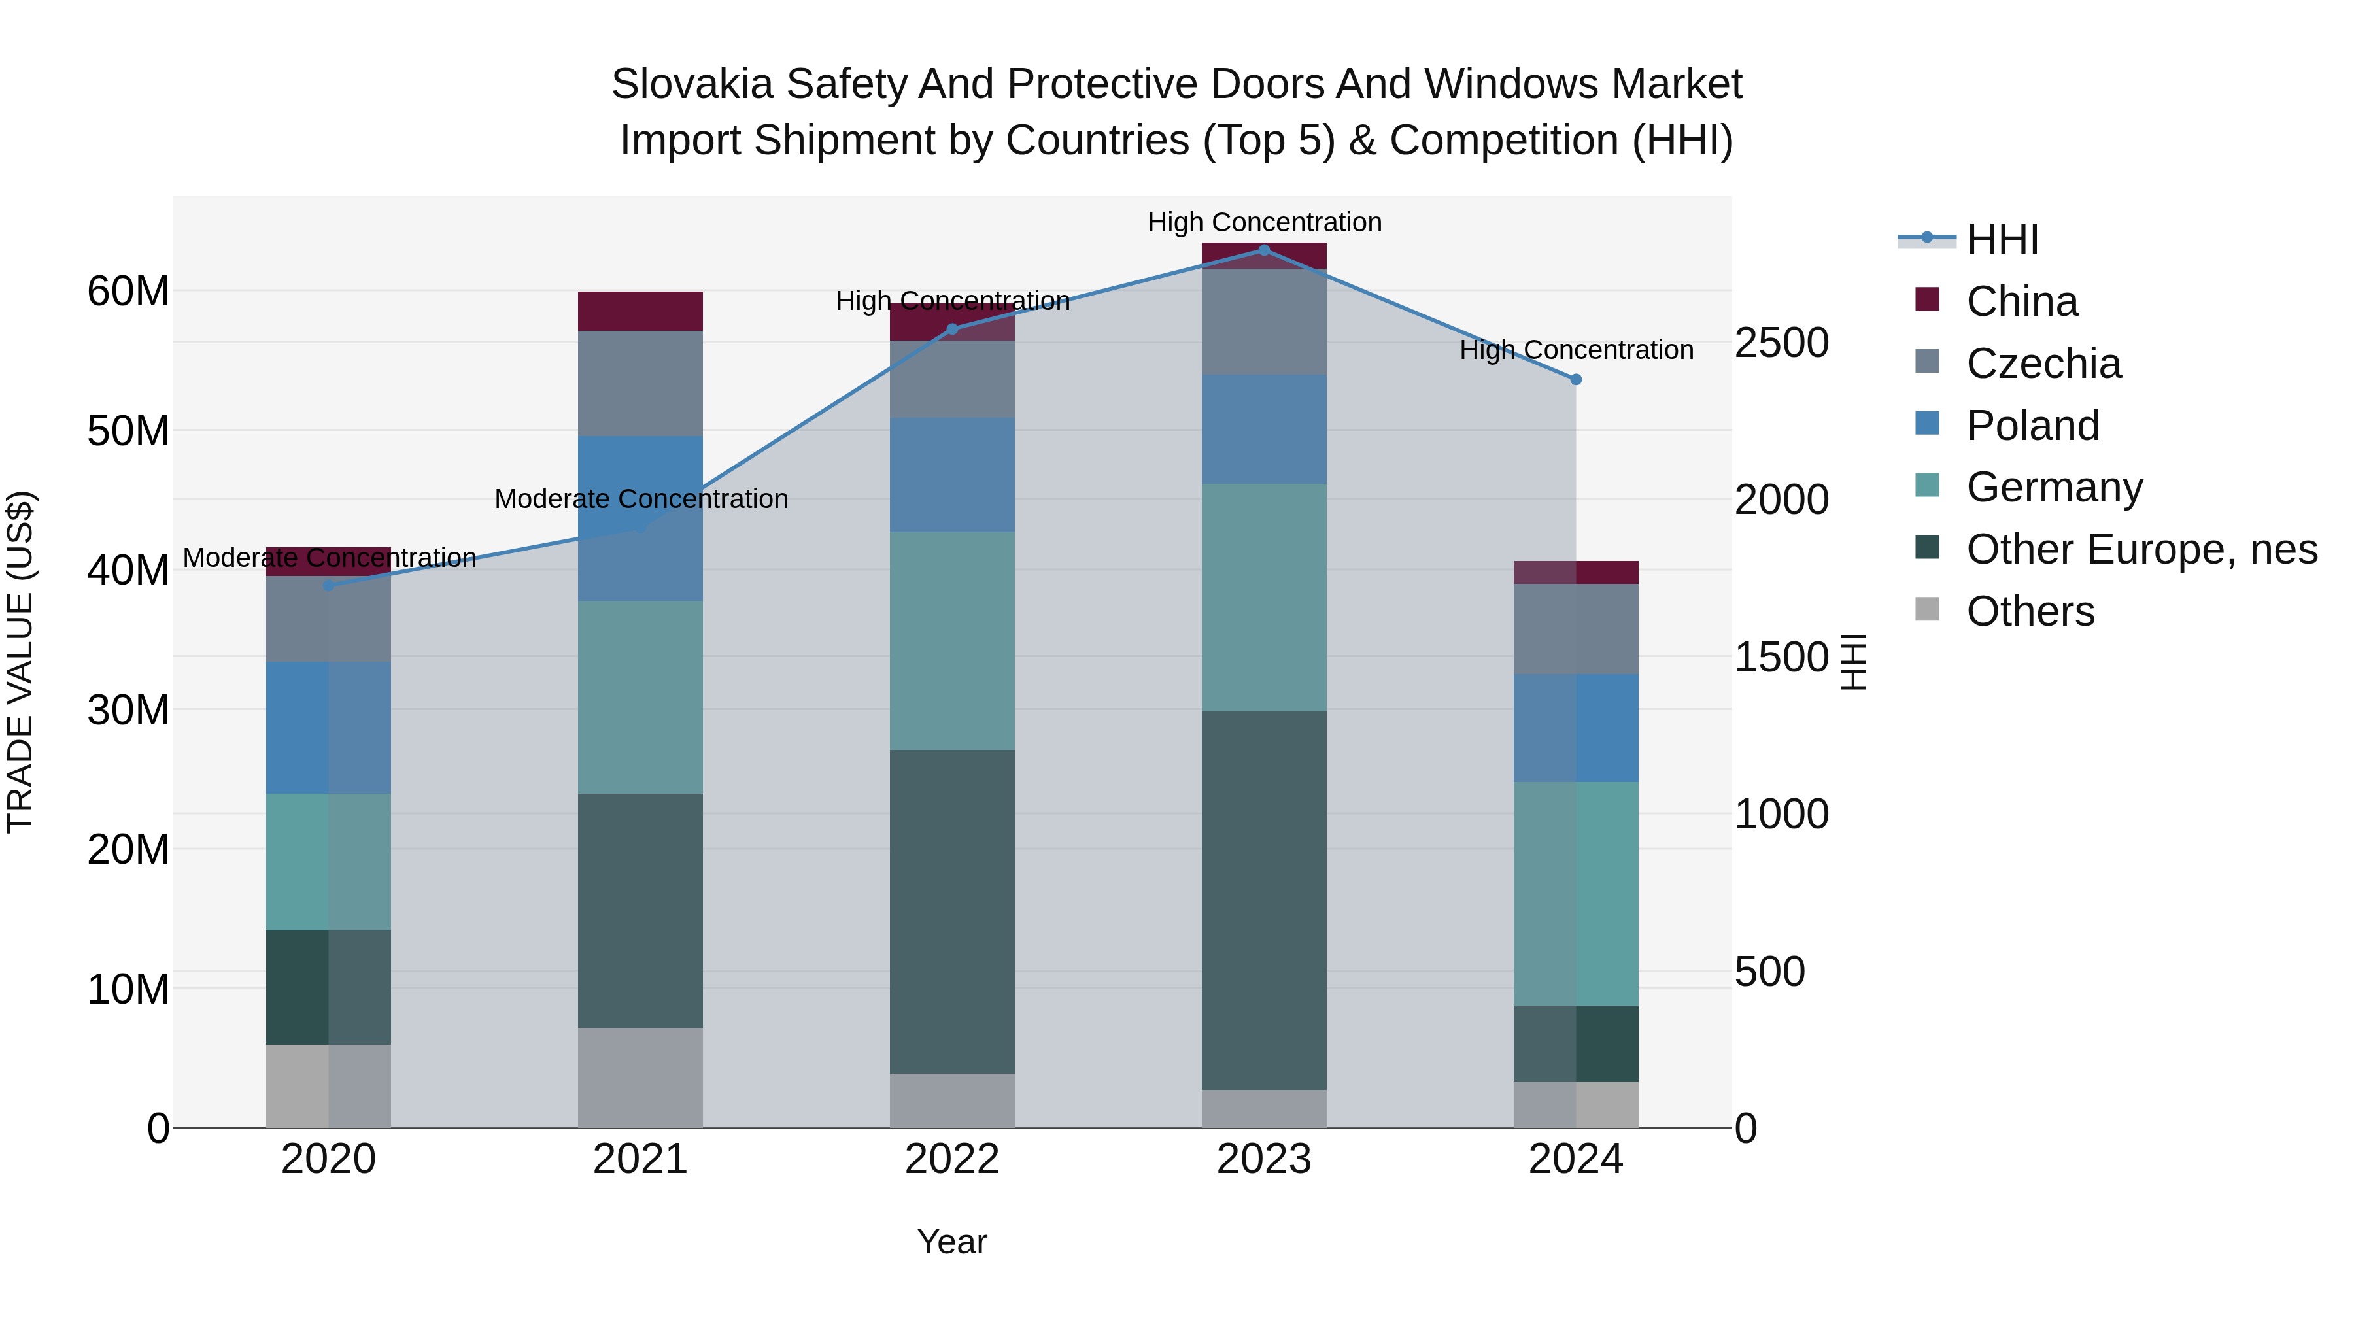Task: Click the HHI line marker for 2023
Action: pos(1264,250)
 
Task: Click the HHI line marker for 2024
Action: pos(1575,379)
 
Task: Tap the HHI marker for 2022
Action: pos(952,329)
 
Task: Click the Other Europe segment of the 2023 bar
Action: pos(1264,900)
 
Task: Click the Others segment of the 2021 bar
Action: pos(640,1078)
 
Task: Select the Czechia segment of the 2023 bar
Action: pos(1264,322)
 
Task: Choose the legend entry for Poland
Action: pos(2032,426)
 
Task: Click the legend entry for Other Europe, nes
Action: pos(2141,550)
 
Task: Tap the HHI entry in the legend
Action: pos(2002,239)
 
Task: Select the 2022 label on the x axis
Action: pos(952,1159)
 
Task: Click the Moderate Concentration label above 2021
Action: pos(641,499)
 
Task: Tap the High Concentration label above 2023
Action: pos(1264,222)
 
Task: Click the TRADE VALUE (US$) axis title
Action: pos(20,662)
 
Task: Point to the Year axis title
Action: pos(952,1242)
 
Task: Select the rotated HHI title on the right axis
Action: pos(1852,662)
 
